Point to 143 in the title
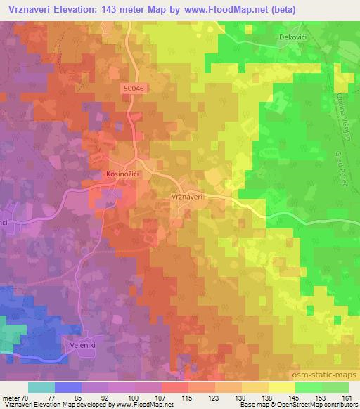coord(127,10)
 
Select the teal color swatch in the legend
coord(41,387)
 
